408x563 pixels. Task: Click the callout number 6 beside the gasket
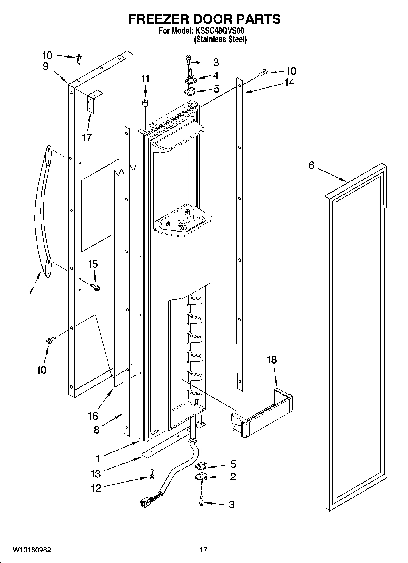(311, 166)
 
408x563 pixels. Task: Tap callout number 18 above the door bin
(271, 360)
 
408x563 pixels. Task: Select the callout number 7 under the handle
(31, 290)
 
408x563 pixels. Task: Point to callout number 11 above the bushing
(145, 79)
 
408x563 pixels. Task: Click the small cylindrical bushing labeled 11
(145, 103)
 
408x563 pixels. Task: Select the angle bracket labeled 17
(94, 100)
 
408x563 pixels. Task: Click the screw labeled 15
(95, 287)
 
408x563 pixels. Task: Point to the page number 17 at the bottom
(204, 550)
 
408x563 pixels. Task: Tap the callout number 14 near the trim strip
(289, 82)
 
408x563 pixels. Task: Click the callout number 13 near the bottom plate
(95, 474)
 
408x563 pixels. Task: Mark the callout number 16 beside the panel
(93, 416)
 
